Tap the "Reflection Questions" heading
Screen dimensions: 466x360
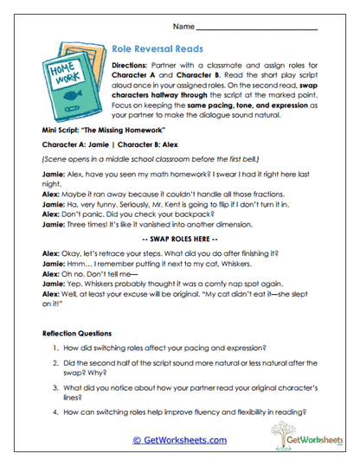click(80, 333)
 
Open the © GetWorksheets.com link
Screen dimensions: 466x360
click(179, 439)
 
